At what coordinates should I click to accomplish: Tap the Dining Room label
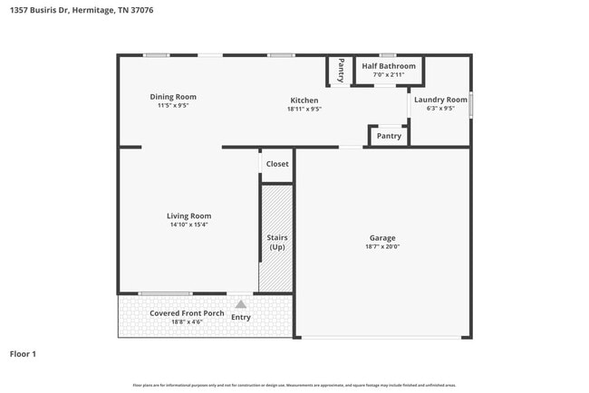(172, 97)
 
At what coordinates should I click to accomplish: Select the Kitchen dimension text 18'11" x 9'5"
(304, 109)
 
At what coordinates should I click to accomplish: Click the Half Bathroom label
(389, 66)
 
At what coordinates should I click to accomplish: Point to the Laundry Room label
(440, 100)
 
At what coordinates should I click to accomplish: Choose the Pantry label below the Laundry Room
(389, 136)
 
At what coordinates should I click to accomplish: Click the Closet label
(277, 164)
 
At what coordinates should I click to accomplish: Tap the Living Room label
(188, 216)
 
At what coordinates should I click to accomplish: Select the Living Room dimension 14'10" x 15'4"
(188, 225)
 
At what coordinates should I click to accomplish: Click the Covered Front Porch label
(187, 313)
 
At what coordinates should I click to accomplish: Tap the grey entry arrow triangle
(240, 305)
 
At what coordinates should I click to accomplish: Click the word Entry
(240, 317)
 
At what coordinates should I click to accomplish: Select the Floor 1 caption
(23, 354)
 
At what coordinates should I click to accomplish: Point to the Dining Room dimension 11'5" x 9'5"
(172, 106)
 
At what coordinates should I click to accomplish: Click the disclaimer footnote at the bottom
(294, 385)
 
